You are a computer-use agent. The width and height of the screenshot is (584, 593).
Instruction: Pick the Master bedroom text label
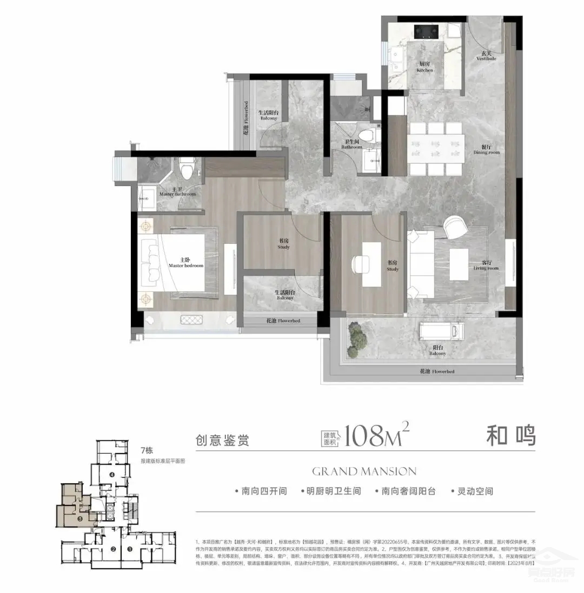[185, 263]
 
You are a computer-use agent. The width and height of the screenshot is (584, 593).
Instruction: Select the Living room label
[485, 265]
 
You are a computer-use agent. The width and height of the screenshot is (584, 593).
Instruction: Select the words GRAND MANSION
[364, 471]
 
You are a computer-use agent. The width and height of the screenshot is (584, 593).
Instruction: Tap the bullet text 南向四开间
[261, 491]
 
